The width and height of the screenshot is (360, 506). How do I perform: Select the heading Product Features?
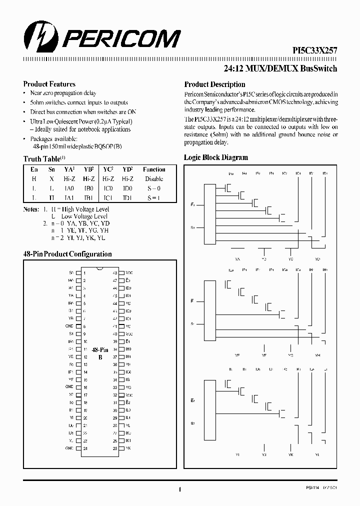49,84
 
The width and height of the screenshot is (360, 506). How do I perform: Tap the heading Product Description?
214,84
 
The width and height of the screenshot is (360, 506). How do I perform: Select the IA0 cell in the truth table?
69,188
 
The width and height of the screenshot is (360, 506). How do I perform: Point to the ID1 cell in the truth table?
127,197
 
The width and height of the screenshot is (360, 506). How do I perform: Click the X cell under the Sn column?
51,178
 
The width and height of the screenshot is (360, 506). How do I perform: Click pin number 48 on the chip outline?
115,272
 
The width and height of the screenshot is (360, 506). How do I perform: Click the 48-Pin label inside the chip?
100,350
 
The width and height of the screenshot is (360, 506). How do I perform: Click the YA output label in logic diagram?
237,259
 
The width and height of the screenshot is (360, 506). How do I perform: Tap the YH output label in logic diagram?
317,354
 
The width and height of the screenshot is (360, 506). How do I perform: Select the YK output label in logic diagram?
290,455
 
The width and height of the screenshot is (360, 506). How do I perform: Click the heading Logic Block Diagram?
216,157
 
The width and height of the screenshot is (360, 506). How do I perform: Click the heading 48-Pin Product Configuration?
67,254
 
